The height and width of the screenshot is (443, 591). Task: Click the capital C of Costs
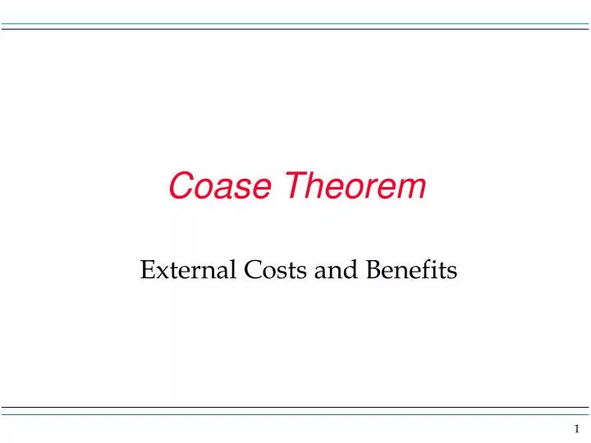247,269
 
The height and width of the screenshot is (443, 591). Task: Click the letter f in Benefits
418,268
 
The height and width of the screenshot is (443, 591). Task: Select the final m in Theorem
414,189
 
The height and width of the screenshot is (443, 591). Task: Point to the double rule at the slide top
295,26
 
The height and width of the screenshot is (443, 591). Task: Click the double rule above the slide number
295,410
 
